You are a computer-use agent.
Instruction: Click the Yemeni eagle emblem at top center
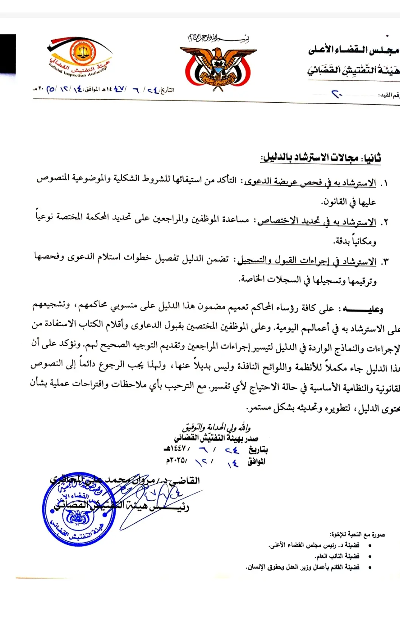click(218, 68)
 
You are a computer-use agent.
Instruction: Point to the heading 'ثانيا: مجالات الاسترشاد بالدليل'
click(321, 157)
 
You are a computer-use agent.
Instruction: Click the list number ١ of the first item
click(384, 184)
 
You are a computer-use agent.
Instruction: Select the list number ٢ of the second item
click(384, 222)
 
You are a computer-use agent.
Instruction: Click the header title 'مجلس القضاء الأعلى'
click(354, 50)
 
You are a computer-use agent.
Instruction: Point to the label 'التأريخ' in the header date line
click(167, 90)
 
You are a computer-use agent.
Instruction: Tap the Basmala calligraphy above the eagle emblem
click(219, 38)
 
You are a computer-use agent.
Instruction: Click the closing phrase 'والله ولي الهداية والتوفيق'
click(216, 427)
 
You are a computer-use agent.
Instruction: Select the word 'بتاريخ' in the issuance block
click(258, 449)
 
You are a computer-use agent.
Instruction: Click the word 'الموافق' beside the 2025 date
click(256, 461)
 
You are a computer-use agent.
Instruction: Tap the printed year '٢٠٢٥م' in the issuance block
click(176, 460)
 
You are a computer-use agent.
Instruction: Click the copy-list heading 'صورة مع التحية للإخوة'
click(357, 534)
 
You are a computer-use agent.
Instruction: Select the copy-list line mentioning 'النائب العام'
click(337, 556)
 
